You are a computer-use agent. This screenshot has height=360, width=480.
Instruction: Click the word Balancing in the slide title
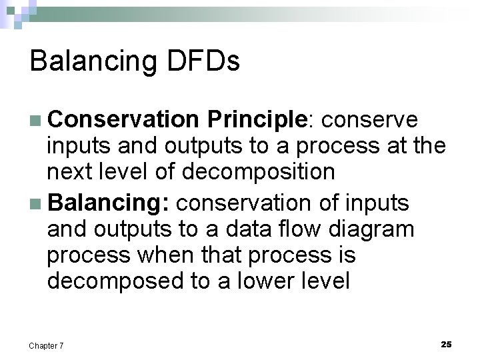(x=91, y=61)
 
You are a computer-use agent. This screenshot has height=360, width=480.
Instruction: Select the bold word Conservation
(x=123, y=119)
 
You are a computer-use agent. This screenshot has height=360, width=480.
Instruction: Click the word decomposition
(x=258, y=172)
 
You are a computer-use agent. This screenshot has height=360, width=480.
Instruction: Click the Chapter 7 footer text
(x=47, y=345)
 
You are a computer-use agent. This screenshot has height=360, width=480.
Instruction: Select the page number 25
(x=446, y=344)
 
